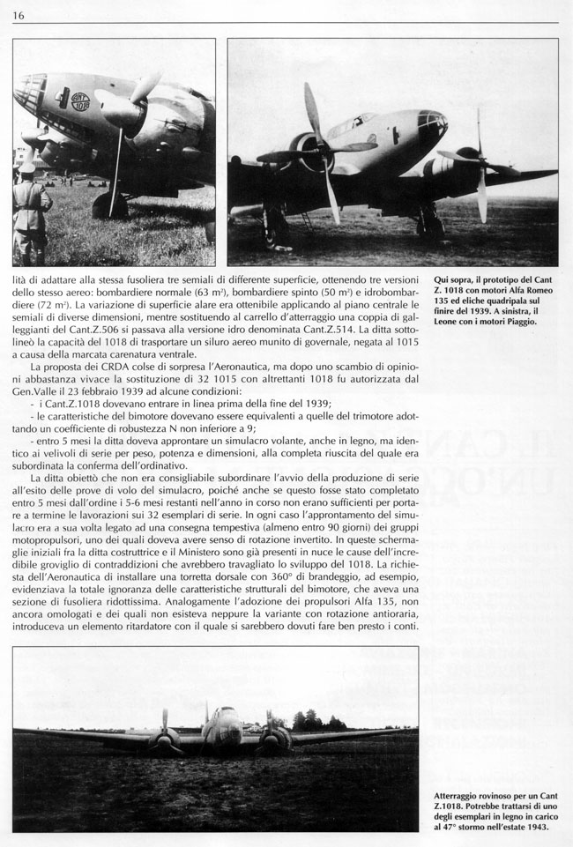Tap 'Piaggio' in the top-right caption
coord(531,322)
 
